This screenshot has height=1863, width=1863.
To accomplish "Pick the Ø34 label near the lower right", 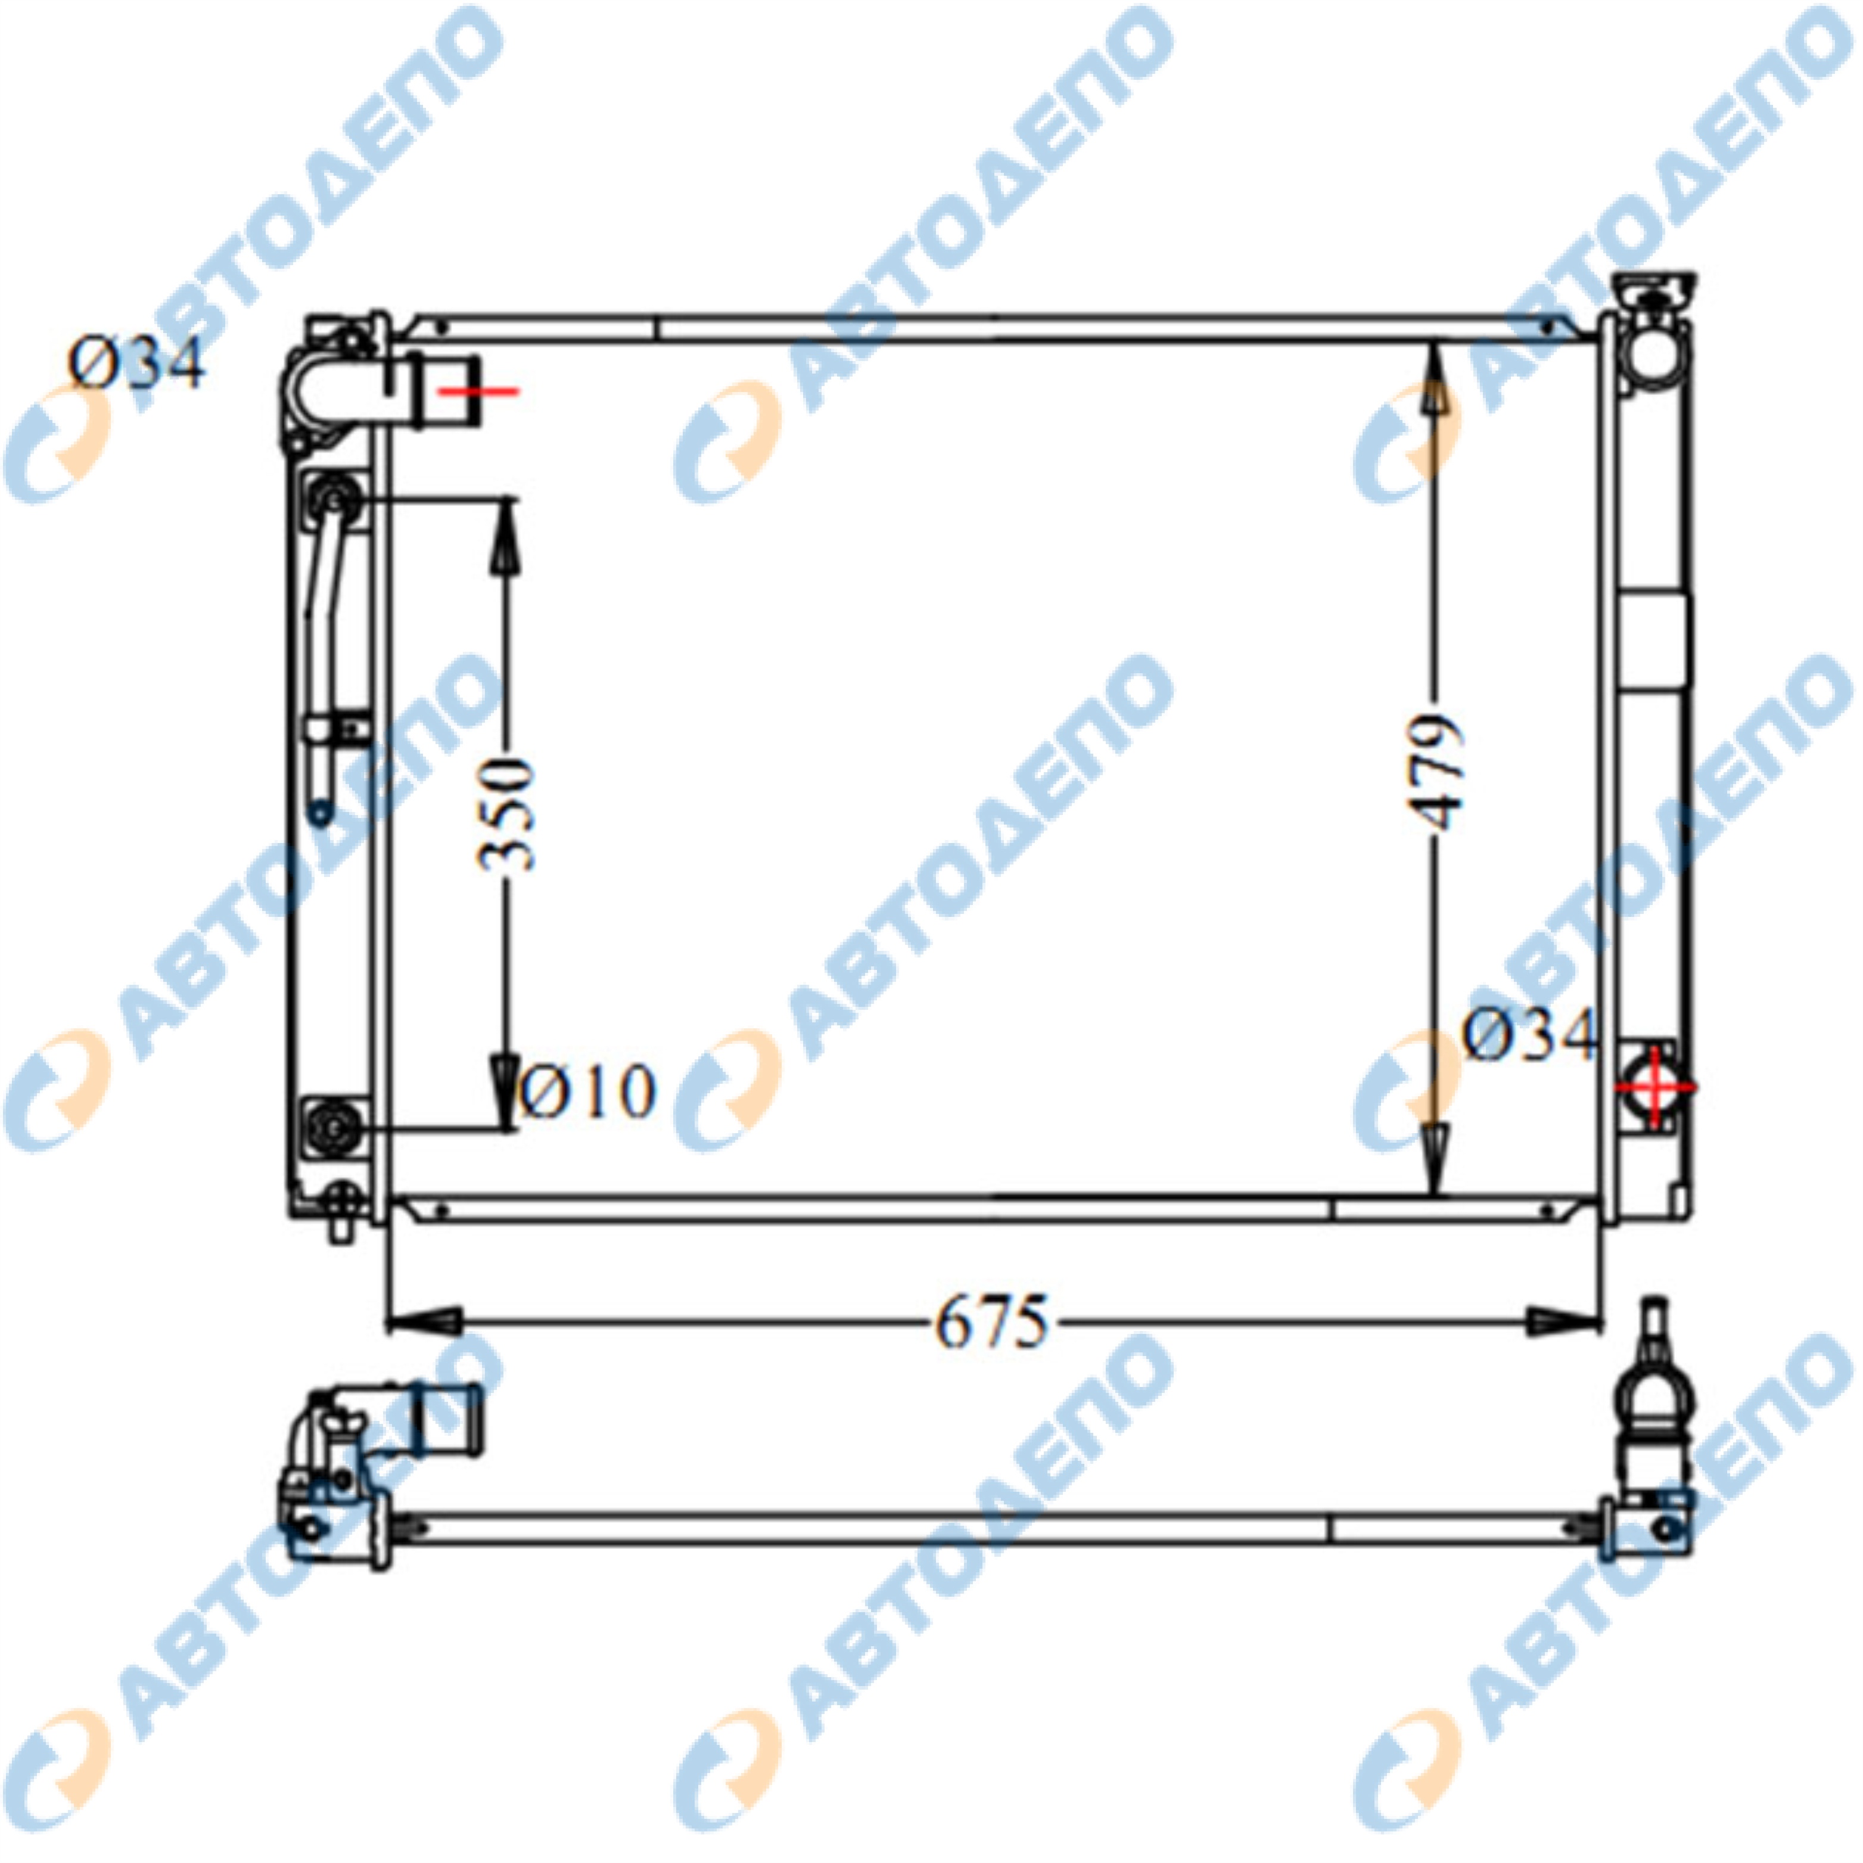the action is [1531, 1035].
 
